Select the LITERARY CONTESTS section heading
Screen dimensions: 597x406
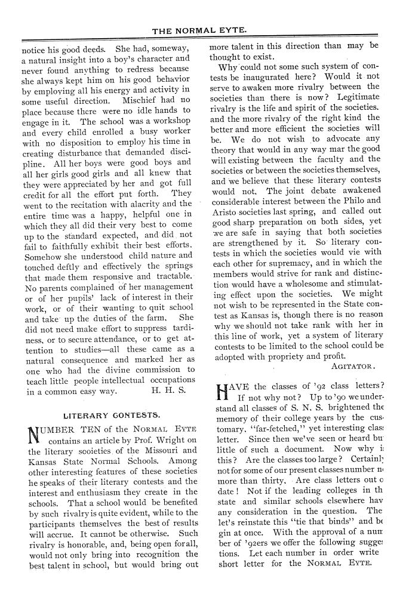tap(111, 414)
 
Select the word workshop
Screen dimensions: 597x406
tap(170, 121)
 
